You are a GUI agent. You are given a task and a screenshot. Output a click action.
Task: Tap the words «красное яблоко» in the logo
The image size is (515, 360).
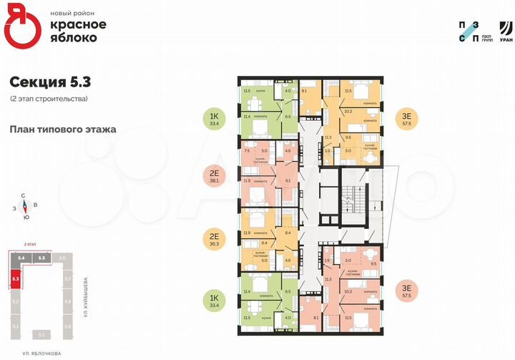point(78,30)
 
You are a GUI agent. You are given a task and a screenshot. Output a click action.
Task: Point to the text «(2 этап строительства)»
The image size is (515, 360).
point(49,98)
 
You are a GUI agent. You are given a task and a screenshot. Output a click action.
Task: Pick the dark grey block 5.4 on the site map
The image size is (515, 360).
point(22,257)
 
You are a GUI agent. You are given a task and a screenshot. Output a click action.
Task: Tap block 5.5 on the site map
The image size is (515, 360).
point(42,257)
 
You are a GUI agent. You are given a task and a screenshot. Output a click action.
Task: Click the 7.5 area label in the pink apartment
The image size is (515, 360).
point(247,151)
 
